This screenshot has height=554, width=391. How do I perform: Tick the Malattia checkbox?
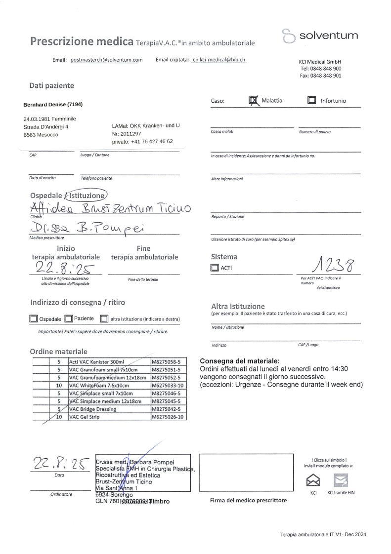pyautogui.click(x=253, y=100)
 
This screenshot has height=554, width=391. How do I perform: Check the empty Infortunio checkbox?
pyautogui.click(x=311, y=100)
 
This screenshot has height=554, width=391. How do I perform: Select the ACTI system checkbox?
pyautogui.click(x=214, y=268)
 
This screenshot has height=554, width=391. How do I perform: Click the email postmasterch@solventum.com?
pyautogui.click(x=106, y=60)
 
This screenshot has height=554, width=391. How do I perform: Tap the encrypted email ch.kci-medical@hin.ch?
pyautogui.click(x=218, y=60)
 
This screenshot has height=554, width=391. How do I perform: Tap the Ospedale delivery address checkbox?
pyautogui.click(x=34, y=319)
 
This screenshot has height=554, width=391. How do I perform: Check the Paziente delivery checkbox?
pyautogui.click(x=69, y=319)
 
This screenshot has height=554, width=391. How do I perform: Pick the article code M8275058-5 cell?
pyautogui.click(x=169, y=361)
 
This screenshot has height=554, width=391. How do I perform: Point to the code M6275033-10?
pyautogui.click(x=169, y=385)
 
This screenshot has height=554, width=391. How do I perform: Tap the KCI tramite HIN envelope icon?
pyautogui.click(x=341, y=479)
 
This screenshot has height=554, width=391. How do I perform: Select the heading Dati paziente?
pyautogui.click(x=51, y=85)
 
